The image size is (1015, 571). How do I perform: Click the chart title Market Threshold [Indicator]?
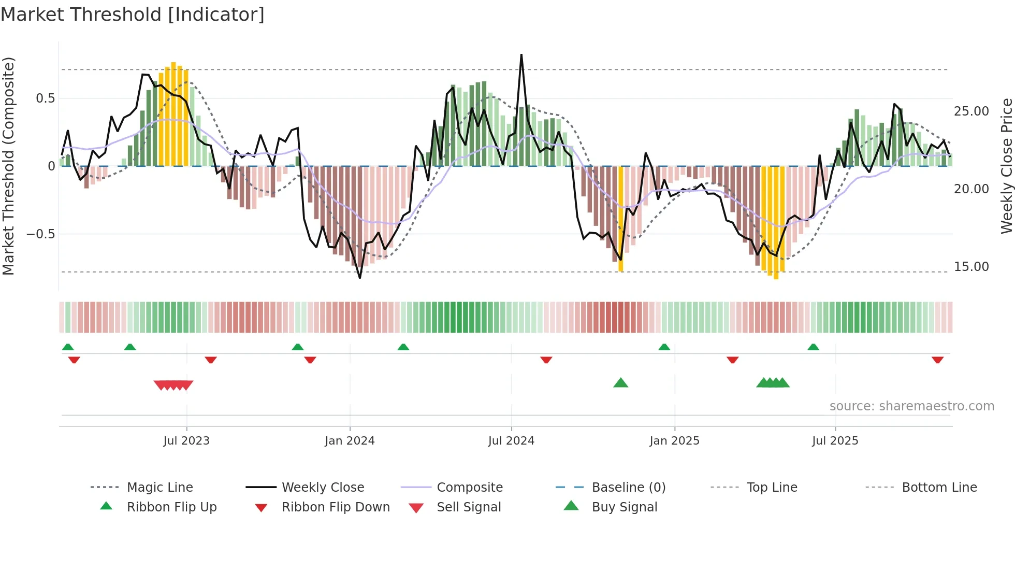(133, 15)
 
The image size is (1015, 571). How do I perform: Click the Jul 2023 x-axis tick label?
(186, 441)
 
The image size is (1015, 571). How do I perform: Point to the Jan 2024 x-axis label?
(350, 441)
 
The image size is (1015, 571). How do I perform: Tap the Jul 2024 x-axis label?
(511, 441)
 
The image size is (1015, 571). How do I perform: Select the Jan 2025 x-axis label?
(674, 441)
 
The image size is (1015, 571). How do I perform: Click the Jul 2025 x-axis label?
(835, 441)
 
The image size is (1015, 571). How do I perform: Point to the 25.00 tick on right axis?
(971, 111)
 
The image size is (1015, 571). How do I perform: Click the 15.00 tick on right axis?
(971, 267)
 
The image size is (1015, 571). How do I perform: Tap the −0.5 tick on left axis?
(40, 234)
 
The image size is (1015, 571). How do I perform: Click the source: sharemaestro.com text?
(911, 406)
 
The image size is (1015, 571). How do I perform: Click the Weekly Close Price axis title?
(1006, 166)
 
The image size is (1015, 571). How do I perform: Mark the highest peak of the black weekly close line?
(521, 55)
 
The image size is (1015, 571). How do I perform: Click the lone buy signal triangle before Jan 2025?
(620, 383)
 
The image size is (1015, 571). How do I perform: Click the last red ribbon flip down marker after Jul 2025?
(937, 360)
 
